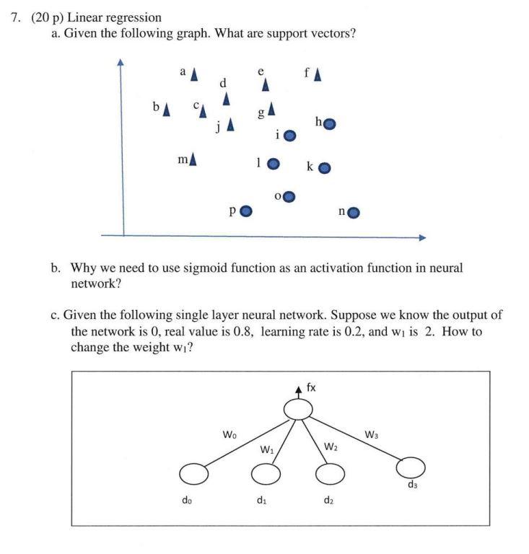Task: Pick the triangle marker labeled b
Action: tap(167, 109)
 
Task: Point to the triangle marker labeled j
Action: tap(230, 125)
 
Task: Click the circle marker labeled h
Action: tap(329, 124)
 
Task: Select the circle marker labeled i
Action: tap(290, 136)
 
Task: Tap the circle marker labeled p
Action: tap(246, 211)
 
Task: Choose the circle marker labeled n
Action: tap(354, 212)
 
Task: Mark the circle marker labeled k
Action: tap(325, 168)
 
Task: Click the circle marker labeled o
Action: tap(289, 196)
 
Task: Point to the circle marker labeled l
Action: tap(273, 164)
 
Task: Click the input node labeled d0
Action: tap(193, 474)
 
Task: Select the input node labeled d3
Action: tap(411, 467)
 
